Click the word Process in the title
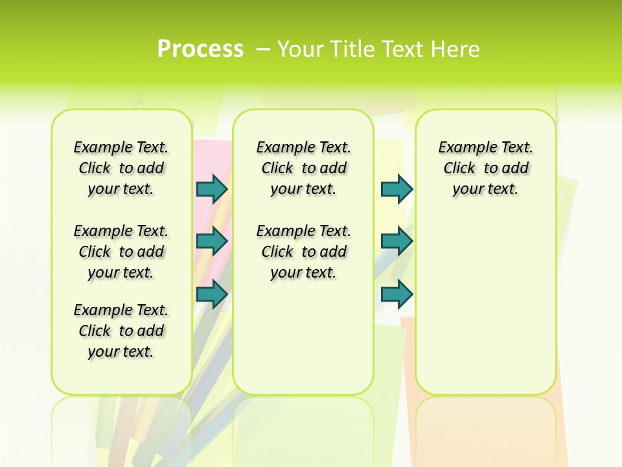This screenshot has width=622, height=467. click(200, 49)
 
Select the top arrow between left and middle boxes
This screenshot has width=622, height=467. click(212, 189)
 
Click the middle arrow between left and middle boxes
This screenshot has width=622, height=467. click(212, 241)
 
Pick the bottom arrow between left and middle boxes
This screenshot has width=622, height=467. click(212, 294)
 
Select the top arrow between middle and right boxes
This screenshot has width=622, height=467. click(397, 189)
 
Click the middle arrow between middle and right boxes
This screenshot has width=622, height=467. click(397, 241)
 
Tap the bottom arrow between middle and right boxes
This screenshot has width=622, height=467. click(397, 294)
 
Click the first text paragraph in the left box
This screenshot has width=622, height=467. click(121, 168)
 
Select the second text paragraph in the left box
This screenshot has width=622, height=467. click(121, 252)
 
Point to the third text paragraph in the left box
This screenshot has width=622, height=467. click(121, 331)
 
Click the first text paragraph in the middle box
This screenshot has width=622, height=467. click(303, 168)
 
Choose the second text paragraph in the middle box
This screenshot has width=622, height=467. click(303, 252)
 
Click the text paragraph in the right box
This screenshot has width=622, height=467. click(485, 168)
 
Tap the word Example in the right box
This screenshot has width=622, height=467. click(461, 148)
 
